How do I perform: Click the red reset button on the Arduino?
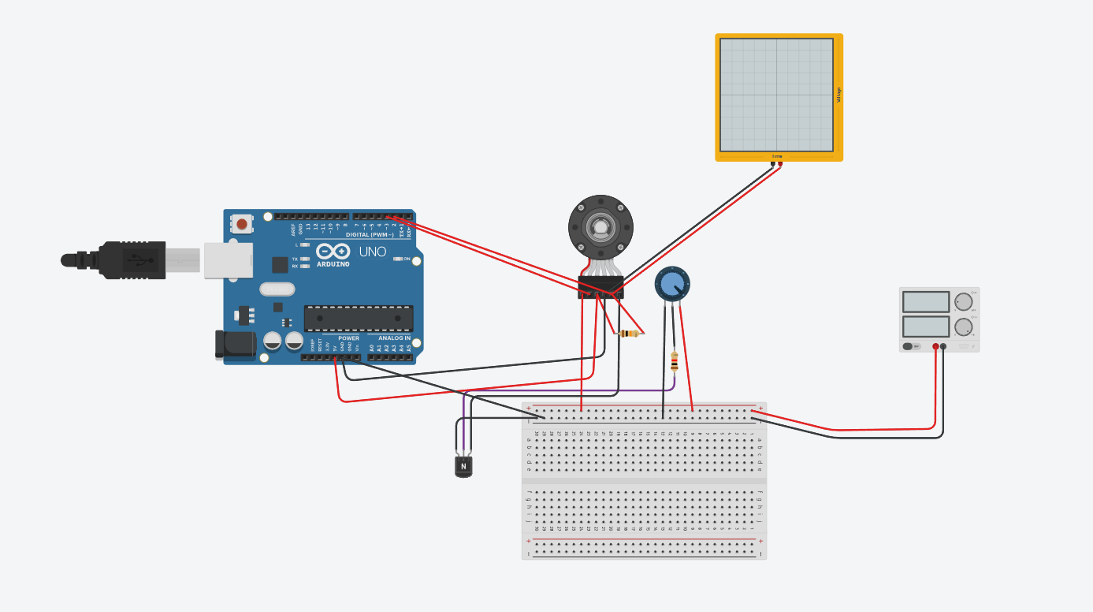click(x=242, y=224)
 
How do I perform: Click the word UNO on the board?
click(x=373, y=252)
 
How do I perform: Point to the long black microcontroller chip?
click(x=359, y=318)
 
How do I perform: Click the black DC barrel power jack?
click(x=236, y=345)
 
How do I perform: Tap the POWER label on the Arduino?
click(x=348, y=338)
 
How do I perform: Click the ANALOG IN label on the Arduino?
click(x=393, y=338)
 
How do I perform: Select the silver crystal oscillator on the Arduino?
click(x=277, y=289)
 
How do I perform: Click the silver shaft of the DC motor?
click(x=600, y=228)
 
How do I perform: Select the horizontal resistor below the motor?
click(x=630, y=334)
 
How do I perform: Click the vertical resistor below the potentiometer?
click(x=674, y=361)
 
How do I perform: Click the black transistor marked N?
click(x=463, y=466)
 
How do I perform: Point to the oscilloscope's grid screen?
click(x=776, y=95)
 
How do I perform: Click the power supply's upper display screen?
click(x=925, y=302)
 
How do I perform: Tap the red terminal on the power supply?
click(x=935, y=346)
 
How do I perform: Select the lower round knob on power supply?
click(x=963, y=327)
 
